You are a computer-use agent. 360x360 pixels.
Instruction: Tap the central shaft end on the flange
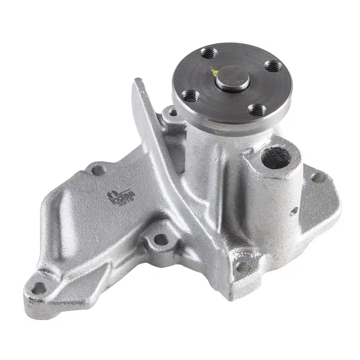click(232, 78)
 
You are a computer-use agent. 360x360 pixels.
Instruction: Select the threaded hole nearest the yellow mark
click(210, 54)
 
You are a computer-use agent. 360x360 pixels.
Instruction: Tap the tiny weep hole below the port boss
click(293, 211)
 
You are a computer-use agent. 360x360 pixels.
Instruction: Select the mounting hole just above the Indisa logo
click(98, 170)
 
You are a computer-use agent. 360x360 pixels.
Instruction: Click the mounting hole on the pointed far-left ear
click(39, 288)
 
